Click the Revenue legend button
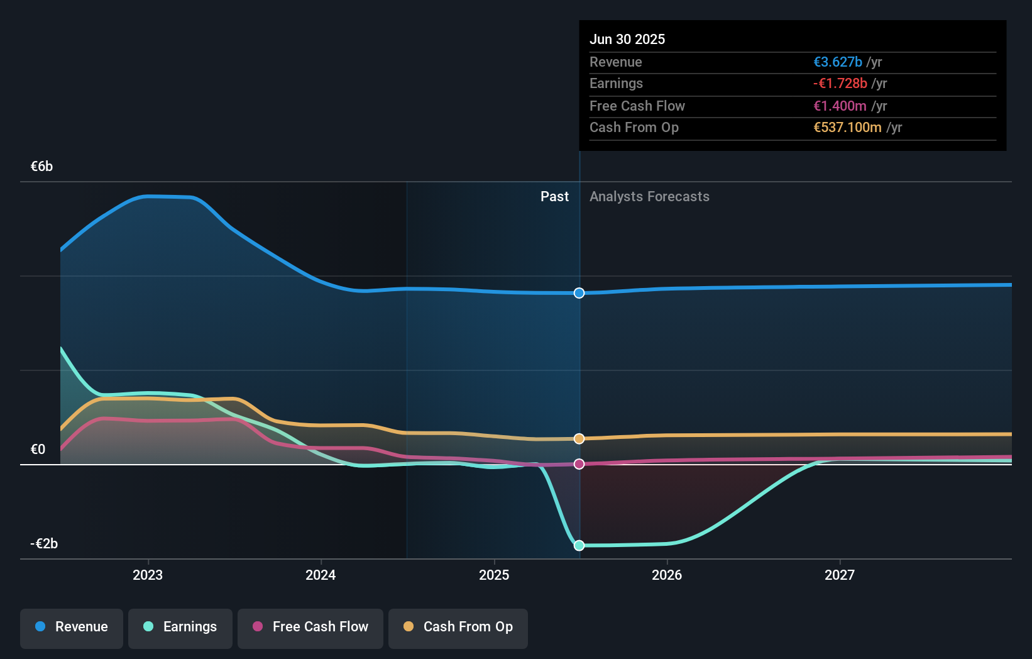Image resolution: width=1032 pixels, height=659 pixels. [x=72, y=628]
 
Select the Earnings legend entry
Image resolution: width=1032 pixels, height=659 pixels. [x=180, y=628]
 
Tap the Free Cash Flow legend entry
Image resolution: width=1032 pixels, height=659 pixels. [x=310, y=628]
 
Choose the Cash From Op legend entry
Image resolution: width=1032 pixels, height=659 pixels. [x=458, y=628]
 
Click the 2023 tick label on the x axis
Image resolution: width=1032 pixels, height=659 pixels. [x=148, y=575]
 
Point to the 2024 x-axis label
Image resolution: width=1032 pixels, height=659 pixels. [x=321, y=575]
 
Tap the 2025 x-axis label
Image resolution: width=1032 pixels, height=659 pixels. [x=494, y=575]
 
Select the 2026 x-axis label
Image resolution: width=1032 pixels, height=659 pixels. [x=667, y=575]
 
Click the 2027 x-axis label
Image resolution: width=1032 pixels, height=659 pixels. [x=840, y=575]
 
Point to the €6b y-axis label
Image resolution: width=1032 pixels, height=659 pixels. [x=41, y=167]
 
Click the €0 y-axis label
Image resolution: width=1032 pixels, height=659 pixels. [x=38, y=449]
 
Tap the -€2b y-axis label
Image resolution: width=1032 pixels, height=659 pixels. [x=44, y=543]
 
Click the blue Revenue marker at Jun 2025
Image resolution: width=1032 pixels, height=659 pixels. [x=579, y=293]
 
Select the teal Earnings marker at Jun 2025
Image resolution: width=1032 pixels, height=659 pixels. [x=579, y=545]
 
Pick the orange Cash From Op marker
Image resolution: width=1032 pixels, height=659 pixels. [x=579, y=438]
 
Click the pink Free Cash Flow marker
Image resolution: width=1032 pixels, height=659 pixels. [x=579, y=464]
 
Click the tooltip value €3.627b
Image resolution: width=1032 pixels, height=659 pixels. [x=837, y=62]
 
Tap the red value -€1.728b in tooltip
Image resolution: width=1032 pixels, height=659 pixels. [x=840, y=84]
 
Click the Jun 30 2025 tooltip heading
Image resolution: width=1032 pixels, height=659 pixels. [x=627, y=39]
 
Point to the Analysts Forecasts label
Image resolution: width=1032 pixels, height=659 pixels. [x=649, y=197]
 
